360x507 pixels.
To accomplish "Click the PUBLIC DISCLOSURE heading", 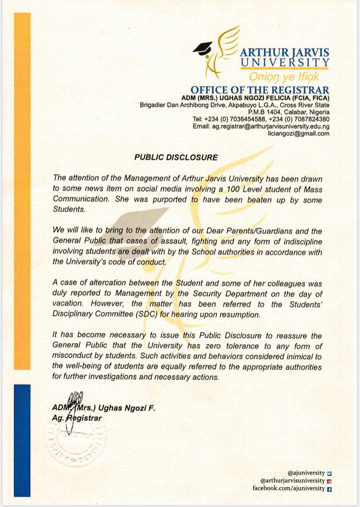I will [176, 157].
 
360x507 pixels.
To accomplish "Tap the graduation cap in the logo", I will [202, 48].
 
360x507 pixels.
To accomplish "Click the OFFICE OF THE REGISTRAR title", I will [260, 90].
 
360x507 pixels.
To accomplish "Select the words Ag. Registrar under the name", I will [77, 418].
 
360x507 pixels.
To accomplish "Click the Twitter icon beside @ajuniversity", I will [329, 473].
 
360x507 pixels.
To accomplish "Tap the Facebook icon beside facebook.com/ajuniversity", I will [329, 488].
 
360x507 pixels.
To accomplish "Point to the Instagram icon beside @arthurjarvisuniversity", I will [329, 481].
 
